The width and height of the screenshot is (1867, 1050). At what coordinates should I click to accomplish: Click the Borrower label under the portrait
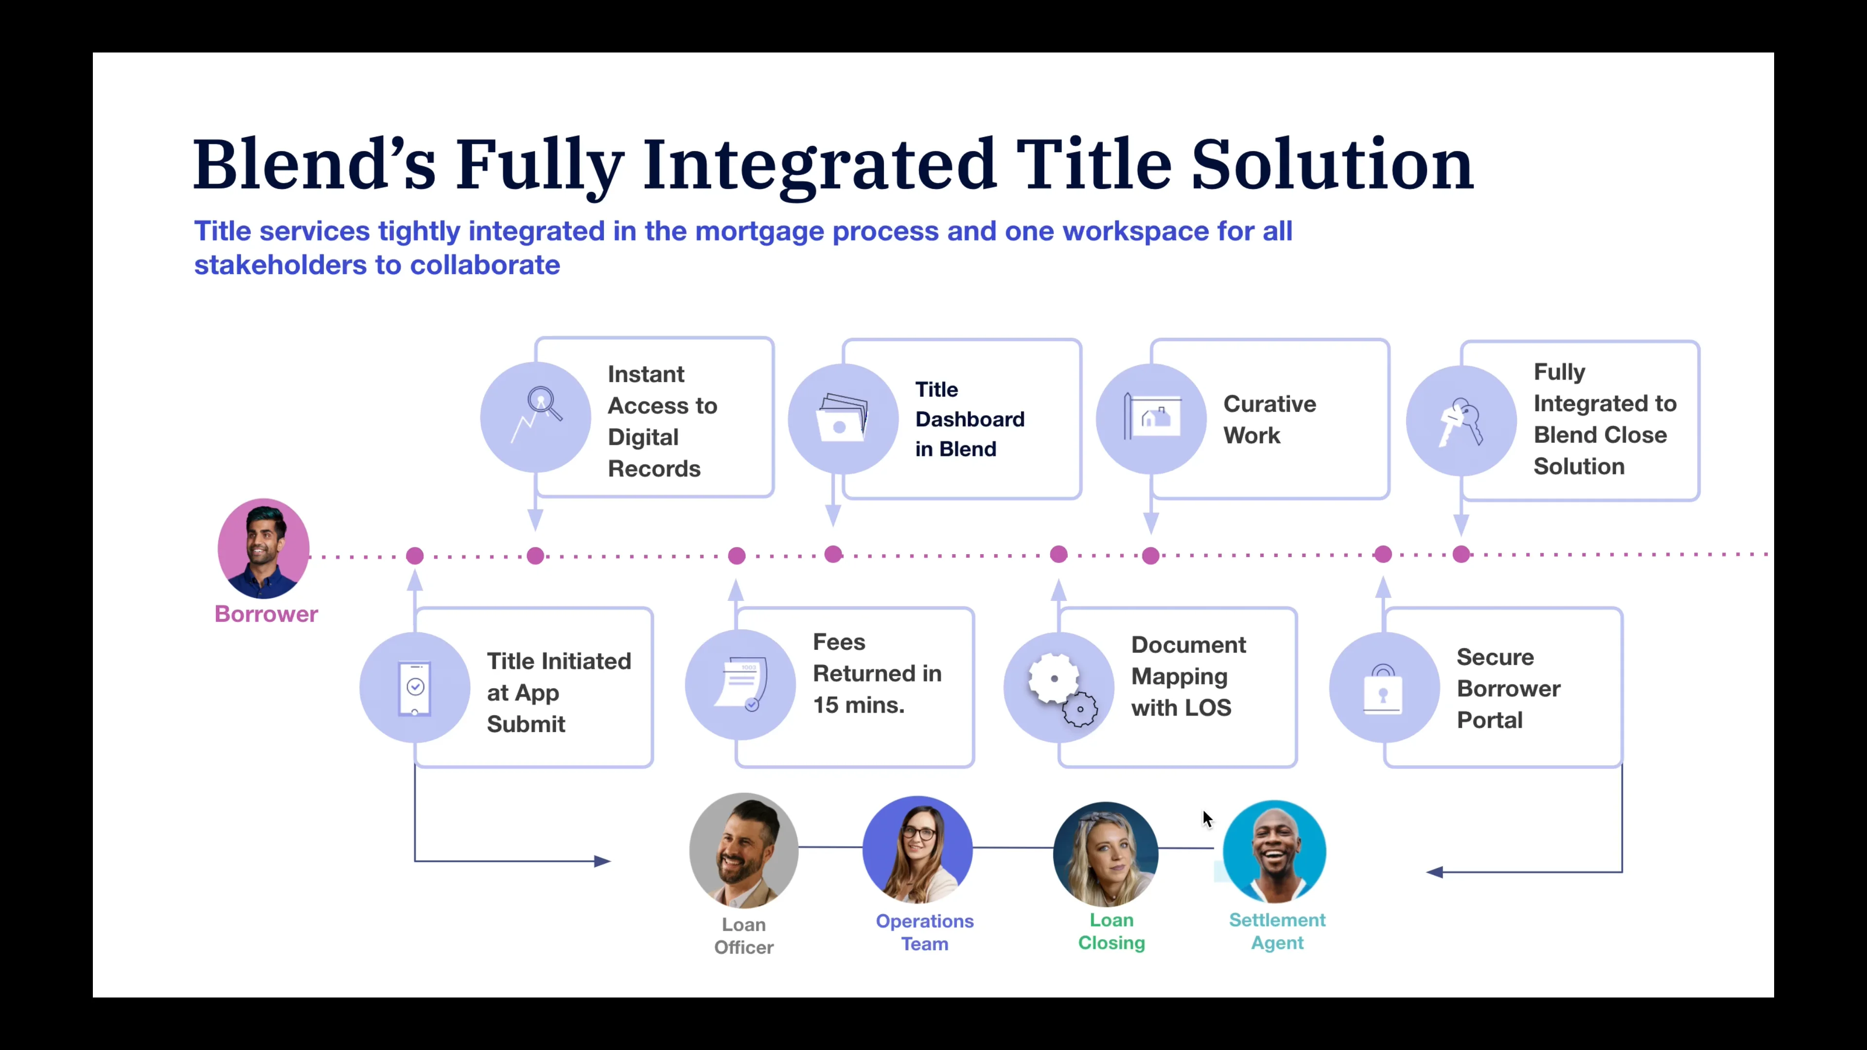click(266, 614)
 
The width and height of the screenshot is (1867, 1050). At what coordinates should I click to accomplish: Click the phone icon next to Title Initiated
click(415, 688)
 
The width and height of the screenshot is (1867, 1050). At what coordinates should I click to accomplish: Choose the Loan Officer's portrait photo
click(743, 851)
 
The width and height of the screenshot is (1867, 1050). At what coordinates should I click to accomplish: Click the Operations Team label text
click(924, 932)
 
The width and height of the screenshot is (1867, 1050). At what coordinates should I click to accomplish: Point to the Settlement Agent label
click(1277, 931)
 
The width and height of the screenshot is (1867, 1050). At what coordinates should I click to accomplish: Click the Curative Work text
click(1269, 420)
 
